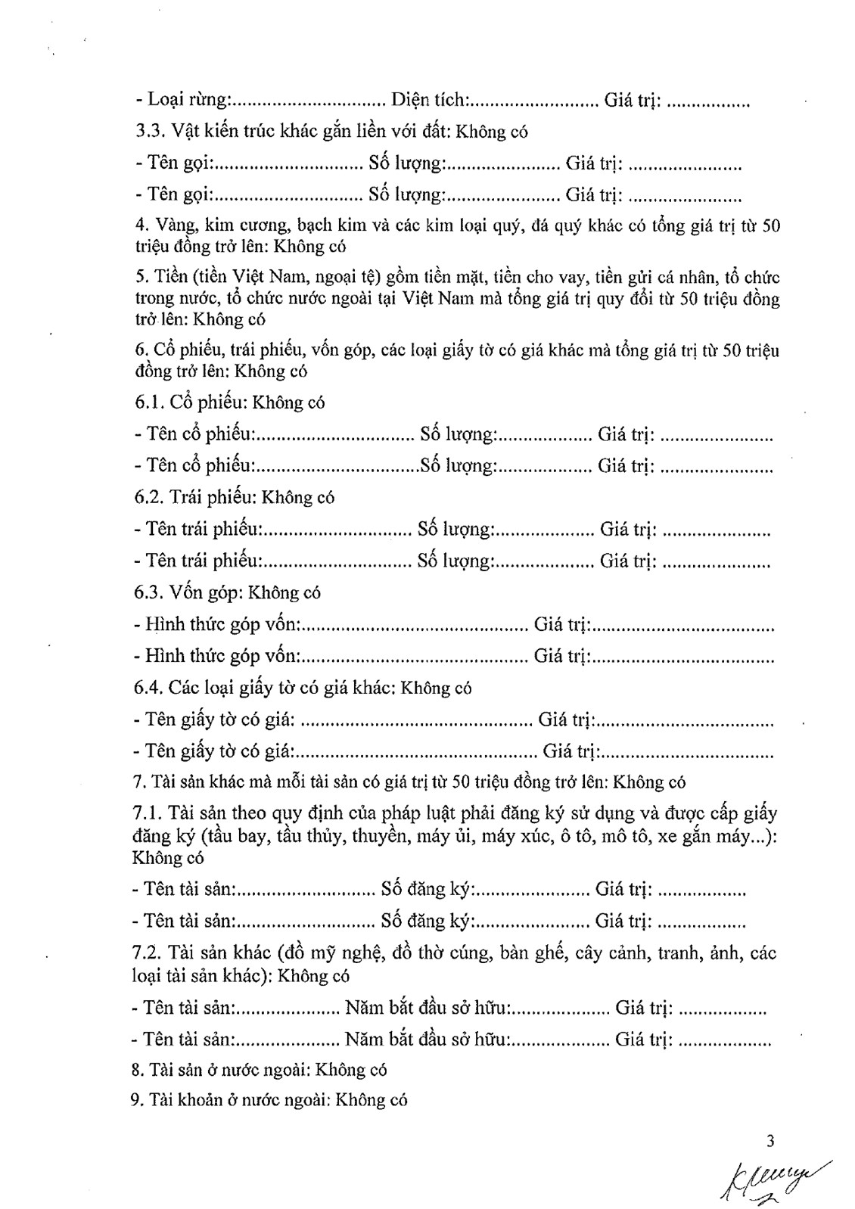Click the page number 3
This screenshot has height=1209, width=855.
pos(771,1141)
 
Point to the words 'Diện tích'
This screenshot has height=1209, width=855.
pos(430,99)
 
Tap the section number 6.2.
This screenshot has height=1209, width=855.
pos(149,497)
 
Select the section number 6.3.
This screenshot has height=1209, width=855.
pos(149,592)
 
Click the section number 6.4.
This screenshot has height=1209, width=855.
pos(148,688)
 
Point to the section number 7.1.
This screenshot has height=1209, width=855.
pos(147,814)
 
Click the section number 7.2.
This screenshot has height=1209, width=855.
pos(147,953)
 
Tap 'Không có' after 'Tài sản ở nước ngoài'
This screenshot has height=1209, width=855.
pos(351,1070)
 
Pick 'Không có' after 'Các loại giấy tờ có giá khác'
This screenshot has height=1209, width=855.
pos(436,688)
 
